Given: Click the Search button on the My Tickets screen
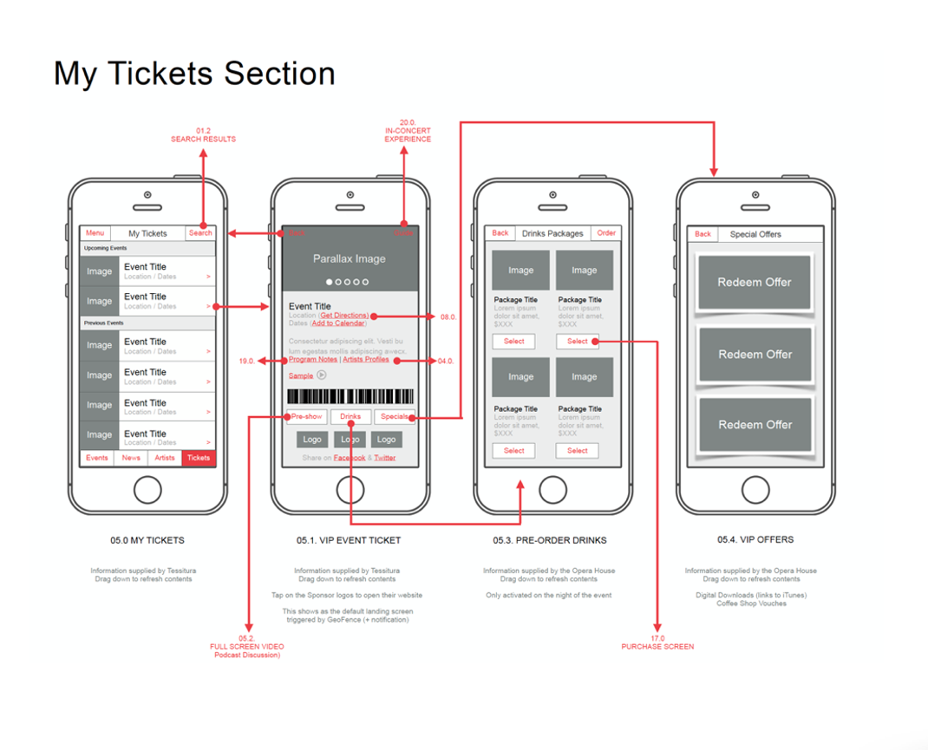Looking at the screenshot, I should [x=200, y=233].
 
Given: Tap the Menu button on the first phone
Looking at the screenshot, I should [x=95, y=233].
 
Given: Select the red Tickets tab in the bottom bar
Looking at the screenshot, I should [x=199, y=458].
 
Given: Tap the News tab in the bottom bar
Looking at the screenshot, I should [x=131, y=458].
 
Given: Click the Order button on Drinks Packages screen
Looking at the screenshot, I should [x=606, y=233].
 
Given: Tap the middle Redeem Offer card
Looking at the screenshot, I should [x=755, y=355].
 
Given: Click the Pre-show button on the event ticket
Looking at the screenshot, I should [x=307, y=417].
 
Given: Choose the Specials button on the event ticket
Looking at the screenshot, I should [x=395, y=417].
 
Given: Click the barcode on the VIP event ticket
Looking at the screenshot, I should [x=350, y=397].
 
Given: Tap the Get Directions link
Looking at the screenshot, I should [x=344, y=316].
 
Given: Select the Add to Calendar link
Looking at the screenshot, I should [x=338, y=323].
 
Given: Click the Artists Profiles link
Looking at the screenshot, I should [x=366, y=359].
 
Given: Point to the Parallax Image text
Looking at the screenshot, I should [x=350, y=258].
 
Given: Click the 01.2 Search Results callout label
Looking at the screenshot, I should [x=203, y=134].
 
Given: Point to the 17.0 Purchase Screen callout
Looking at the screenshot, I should [x=657, y=642].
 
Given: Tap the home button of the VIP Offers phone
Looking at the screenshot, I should [x=755, y=489].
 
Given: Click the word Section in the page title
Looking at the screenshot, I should [x=278, y=74].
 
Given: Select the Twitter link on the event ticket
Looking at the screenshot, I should [x=385, y=458].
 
